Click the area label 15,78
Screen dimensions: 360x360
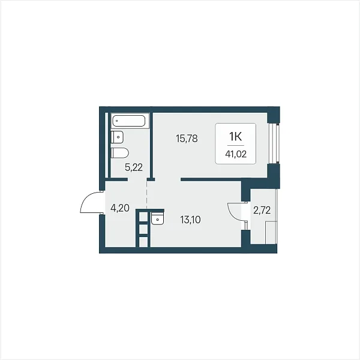(187, 139)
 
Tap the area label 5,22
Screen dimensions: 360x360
(134, 167)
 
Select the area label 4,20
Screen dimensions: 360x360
(120, 208)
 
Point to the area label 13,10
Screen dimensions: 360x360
(190, 220)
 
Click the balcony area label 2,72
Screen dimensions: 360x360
(262, 210)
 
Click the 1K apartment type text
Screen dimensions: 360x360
(236, 137)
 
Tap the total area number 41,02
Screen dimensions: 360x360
(236, 154)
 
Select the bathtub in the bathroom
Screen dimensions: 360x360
(130, 121)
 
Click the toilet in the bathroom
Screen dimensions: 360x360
(119, 153)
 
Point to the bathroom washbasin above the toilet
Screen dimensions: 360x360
(118, 137)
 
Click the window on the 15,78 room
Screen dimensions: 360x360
(274, 143)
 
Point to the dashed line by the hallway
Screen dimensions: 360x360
(147, 194)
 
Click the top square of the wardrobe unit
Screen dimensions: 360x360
(143, 217)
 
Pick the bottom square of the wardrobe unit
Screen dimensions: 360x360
(143, 242)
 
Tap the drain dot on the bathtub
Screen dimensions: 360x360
(117, 121)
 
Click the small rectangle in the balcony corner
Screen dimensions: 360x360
(271, 232)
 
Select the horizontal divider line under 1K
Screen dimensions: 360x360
(236, 146)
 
